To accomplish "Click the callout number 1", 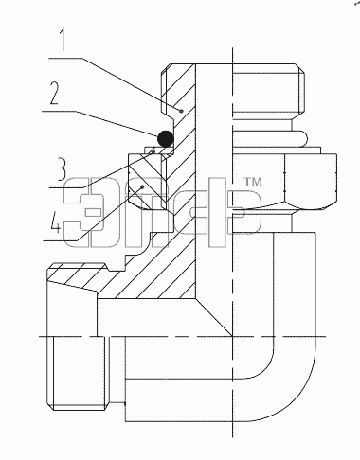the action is click(63, 40).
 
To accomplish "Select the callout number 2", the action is click(55, 94).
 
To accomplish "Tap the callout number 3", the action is click(62, 169).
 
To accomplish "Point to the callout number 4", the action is click(55, 222).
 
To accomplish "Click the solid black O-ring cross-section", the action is click(166, 138).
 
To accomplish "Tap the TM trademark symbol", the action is click(253, 182).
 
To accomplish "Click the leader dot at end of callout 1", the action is click(181, 111).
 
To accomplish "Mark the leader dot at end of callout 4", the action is click(143, 186).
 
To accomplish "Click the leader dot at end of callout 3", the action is click(153, 151).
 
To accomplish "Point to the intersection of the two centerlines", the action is click(233, 336).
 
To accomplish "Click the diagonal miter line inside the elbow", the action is click(214, 317).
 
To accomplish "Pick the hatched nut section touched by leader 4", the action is click(145, 181).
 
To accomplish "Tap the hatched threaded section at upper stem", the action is click(178, 92).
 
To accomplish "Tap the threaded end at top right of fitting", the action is click(268, 92).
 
